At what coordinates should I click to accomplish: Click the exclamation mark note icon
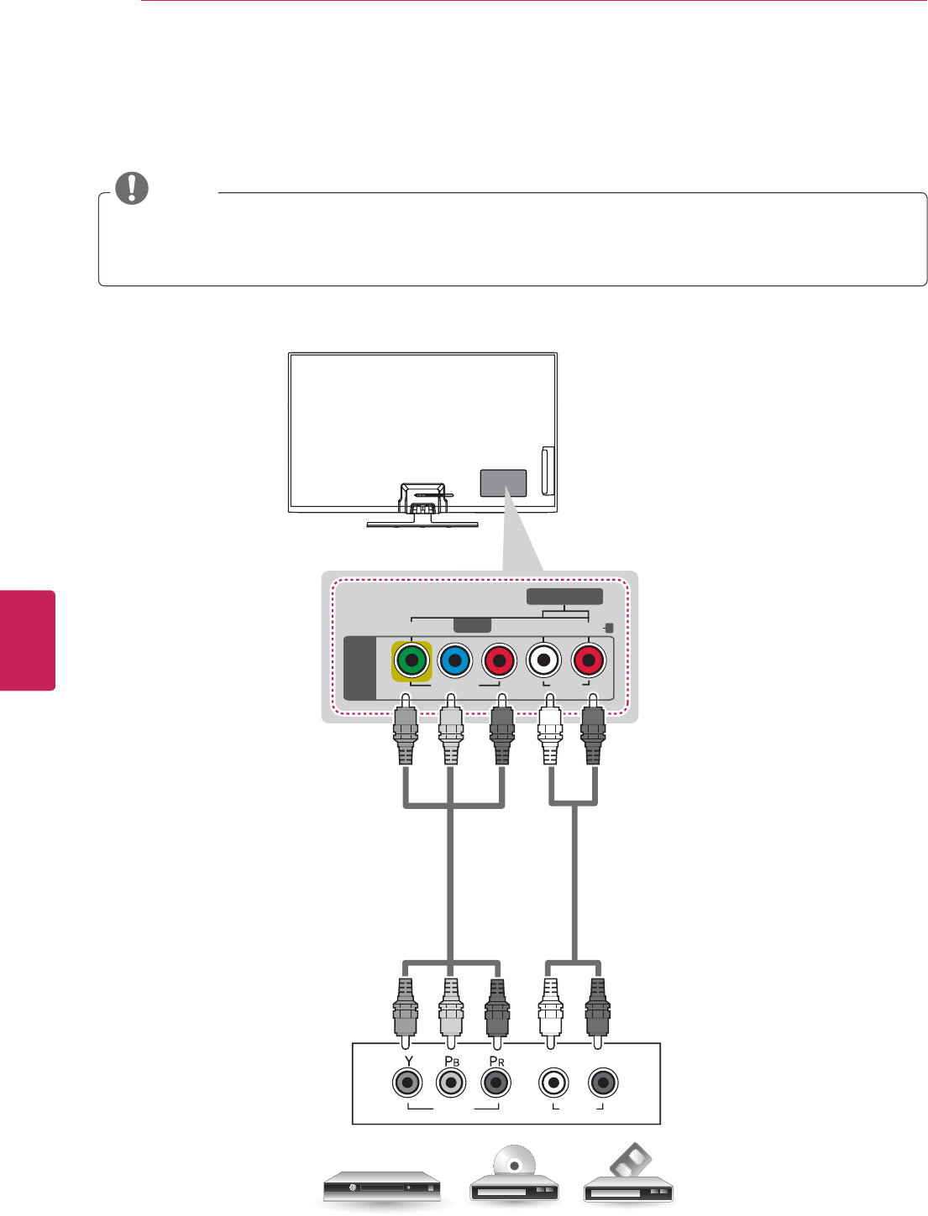coord(132,188)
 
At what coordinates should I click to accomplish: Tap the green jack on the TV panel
coord(412,661)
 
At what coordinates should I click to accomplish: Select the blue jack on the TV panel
coord(455,661)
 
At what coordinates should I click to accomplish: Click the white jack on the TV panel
coord(544,661)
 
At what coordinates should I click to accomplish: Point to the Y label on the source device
coord(408,1062)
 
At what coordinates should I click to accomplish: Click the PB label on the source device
coord(452,1062)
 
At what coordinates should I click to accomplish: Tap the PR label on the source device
coord(496,1062)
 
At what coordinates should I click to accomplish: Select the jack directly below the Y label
coord(407,1083)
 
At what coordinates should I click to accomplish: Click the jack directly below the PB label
coord(452,1083)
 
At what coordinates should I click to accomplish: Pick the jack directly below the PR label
coord(496,1083)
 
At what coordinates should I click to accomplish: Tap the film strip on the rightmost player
coord(630,1162)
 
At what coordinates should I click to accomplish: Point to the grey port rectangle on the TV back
coord(503,483)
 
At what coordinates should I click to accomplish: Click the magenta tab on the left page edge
coord(28,640)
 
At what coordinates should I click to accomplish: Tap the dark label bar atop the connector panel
coord(564,597)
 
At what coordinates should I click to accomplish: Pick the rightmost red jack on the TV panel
coord(589,661)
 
